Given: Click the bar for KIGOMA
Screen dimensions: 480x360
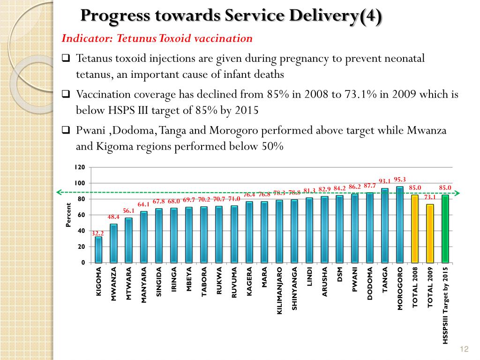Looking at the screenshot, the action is click(x=98, y=249).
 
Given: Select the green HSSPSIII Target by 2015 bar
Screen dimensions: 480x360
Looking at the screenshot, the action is click(x=445, y=229).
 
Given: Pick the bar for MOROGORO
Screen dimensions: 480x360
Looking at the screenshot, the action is click(x=400, y=225).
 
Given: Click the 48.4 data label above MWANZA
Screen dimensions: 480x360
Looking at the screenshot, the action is click(x=113, y=217).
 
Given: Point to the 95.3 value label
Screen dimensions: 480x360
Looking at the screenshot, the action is click(x=400, y=180).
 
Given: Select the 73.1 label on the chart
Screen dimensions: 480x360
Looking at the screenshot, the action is click(x=430, y=197).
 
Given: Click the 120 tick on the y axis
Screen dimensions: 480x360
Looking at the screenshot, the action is click(x=80, y=167).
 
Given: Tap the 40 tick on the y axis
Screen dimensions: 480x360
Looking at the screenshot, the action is click(x=81, y=231).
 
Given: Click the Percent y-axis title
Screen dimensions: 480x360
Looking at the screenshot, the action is click(x=68, y=215).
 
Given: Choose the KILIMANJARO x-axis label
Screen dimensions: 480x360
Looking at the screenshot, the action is click(x=279, y=291).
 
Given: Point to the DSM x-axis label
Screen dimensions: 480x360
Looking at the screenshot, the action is click(x=339, y=274).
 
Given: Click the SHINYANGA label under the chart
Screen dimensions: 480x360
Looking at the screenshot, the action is click(x=294, y=288).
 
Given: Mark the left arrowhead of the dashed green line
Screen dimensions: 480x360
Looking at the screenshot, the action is click(x=60, y=192).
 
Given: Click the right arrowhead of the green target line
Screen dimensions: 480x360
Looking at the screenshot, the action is click(x=457, y=193).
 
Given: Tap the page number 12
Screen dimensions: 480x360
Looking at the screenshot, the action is click(x=464, y=349).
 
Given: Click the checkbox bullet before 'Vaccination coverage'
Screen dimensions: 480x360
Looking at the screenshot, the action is click(x=66, y=94).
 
